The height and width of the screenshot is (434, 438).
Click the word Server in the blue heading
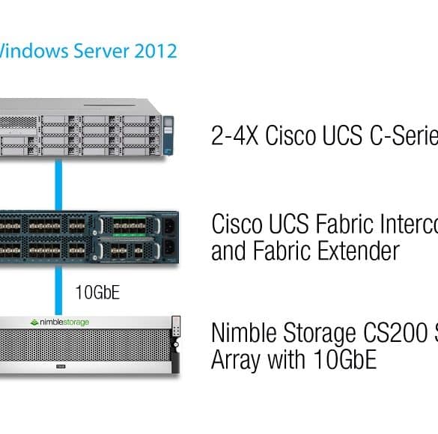click(101, 51)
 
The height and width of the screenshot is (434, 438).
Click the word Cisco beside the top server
click(291, 135)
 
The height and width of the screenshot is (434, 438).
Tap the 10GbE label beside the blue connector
click(98, 293)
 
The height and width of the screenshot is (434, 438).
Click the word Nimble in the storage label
click(244, 332)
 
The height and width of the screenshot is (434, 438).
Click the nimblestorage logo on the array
click(59, 323)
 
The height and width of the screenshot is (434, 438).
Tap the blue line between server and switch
click(58, 185)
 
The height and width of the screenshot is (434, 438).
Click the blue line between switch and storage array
click(58, 290)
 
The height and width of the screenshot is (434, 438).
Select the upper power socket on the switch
click(169, 226)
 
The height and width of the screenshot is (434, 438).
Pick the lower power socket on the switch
click(169, 248)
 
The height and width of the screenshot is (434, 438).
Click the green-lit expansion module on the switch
click(129, 226)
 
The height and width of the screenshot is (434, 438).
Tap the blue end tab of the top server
click(168, 135)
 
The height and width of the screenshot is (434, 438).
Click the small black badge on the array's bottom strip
click(61, 367)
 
